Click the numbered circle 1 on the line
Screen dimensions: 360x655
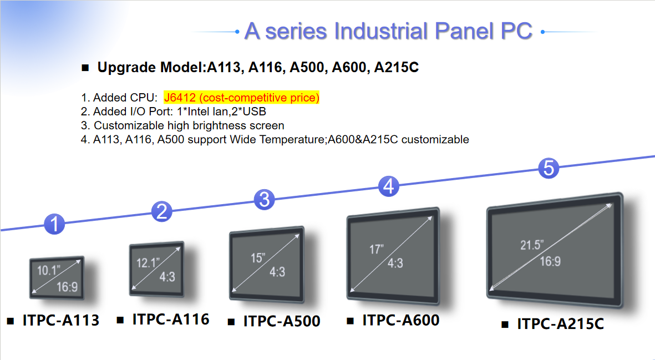(54, 224)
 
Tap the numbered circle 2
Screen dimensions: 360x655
(162, 211)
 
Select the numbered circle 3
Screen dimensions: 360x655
(265, 199)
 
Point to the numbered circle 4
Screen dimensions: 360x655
(389, 186)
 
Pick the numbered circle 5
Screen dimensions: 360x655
(549, 168)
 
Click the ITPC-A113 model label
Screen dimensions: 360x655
(60, 320)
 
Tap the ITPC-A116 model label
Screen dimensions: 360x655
(170, 320)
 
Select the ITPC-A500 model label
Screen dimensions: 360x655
(281, 321)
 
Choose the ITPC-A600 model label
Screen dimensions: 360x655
(400, 320)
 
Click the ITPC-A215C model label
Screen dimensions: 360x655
(560, 324)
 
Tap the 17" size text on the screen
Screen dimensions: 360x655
(377, 250)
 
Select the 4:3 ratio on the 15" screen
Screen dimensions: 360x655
(277, 272)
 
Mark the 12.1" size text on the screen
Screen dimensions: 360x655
(148, 262)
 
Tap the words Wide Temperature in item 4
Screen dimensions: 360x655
(283, 139)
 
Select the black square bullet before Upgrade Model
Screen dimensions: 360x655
(85, 68)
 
